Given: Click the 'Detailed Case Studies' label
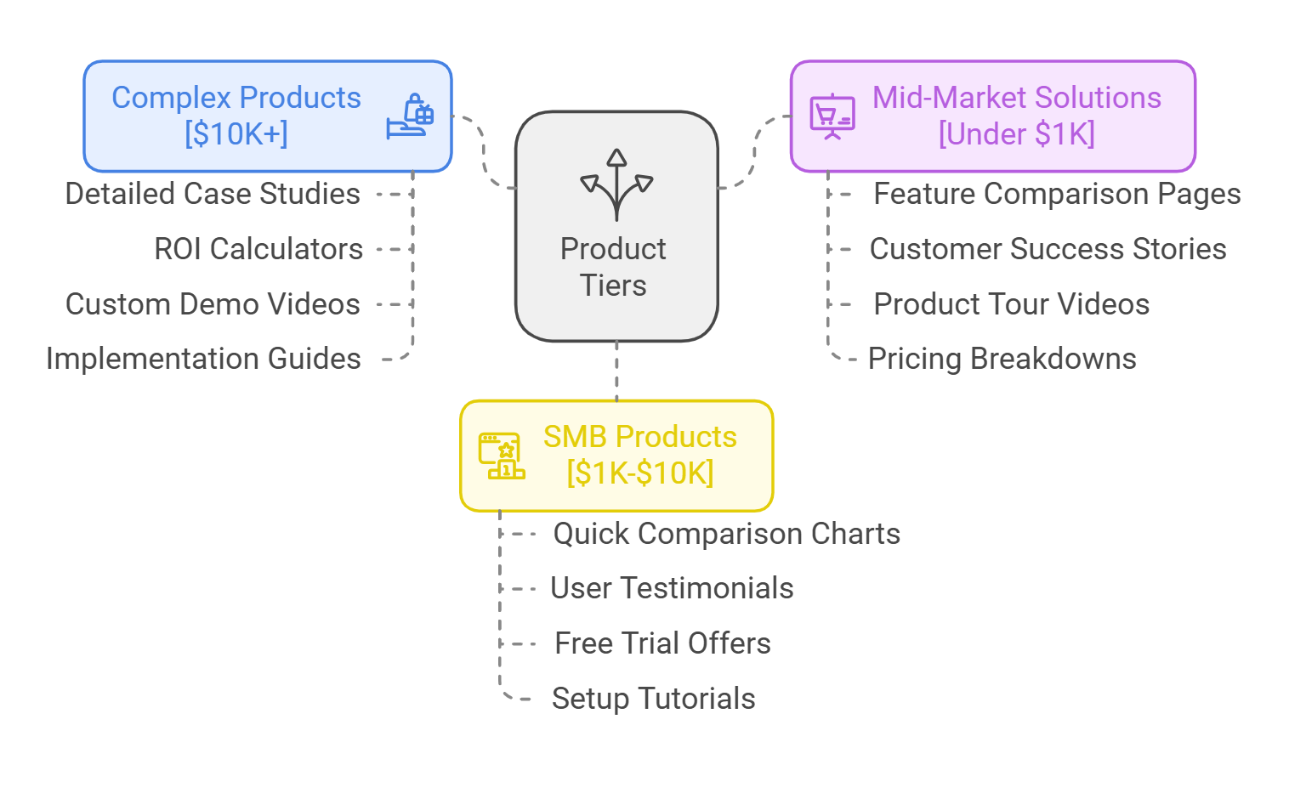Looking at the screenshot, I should point(213,194).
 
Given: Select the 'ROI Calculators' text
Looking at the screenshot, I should point(258,249).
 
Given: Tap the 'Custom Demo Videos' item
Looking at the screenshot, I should point(213,304).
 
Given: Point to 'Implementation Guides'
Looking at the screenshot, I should point(203,359).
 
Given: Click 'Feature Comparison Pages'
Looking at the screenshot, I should point(1057,194).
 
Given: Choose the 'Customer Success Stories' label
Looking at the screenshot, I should point(1048,249).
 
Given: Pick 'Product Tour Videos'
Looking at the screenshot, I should point(1011,304).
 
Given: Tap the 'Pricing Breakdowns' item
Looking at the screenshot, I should point(1002,359).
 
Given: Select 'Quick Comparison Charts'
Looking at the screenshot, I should point(726,534).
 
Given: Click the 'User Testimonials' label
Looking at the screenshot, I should point(672,588).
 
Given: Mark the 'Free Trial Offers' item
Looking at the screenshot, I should point(662,643).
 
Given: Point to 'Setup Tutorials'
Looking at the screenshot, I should point(653,699).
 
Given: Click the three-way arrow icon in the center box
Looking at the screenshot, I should point(616,184).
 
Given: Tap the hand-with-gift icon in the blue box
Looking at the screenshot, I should point(410,116).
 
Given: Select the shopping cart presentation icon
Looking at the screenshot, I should point(832,116).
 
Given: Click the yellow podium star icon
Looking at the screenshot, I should point(502,456).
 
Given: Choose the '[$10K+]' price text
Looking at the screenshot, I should point(236,134).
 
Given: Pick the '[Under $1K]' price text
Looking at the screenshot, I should point(1016,134).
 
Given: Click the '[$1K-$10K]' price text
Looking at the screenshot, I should point(640,473).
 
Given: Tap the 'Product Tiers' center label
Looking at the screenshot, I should point(613,267).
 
